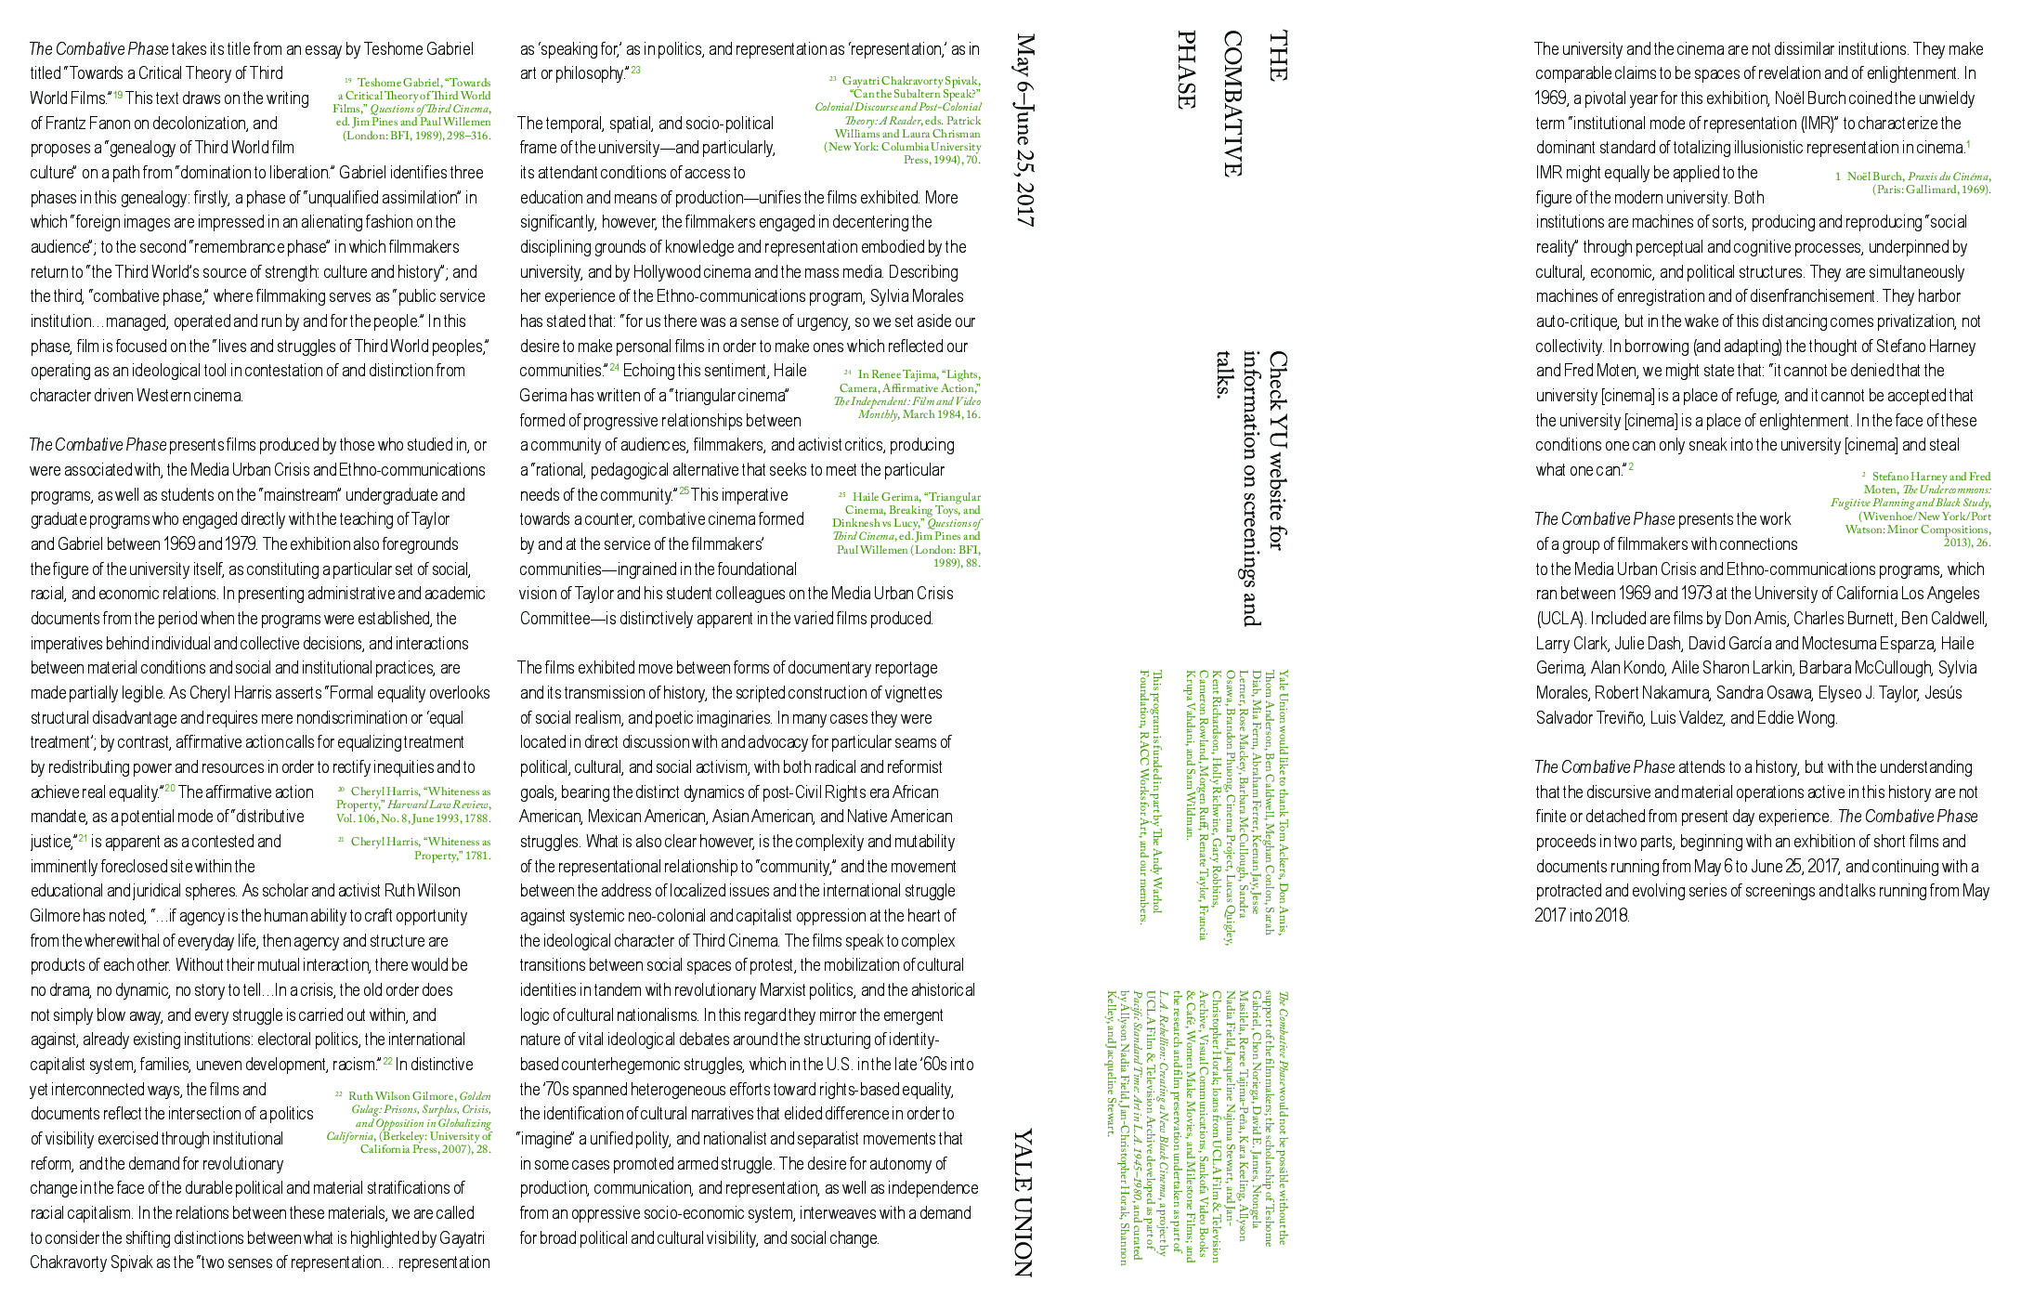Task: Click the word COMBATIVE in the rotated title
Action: tap(1232, 103)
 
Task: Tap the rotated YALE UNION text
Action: tap(1022, 1202)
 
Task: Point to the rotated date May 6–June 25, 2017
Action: tap(1025, 130)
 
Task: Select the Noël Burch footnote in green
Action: tap(1912, 182)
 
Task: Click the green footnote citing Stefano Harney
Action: tap(1912, 509)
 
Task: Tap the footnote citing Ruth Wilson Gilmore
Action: tap(411, 1121)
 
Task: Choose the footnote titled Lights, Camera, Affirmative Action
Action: tap(908, 394)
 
